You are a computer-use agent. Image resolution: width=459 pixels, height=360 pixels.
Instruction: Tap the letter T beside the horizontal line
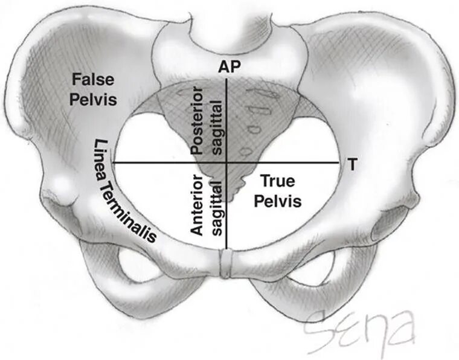[x=351, y=163]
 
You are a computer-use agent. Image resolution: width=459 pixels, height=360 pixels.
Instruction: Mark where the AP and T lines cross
[x=226, y=163]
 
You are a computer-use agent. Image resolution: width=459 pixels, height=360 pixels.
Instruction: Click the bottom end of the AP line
[x=226, y=248]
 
